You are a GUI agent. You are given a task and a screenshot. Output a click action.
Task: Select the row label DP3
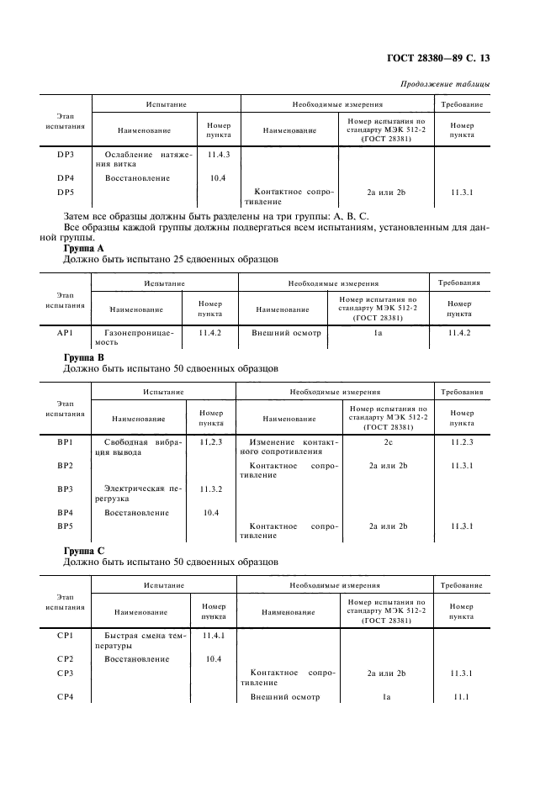(66, 155)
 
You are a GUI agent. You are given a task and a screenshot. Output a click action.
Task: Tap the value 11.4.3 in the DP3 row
(218, 155)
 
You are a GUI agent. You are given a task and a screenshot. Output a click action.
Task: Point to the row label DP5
(66, 193)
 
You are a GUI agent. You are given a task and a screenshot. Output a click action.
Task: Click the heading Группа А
(84, 249)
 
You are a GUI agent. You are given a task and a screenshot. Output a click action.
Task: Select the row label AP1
(66, 333)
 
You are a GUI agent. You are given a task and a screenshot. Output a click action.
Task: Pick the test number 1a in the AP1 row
(378, 333)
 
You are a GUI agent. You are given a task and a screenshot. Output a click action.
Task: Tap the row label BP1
(66, 442)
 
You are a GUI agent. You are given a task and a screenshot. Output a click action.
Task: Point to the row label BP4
(66, 512)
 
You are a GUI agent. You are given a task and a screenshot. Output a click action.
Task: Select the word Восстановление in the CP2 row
(137, 659)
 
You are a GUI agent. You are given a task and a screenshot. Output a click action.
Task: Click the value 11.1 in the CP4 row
(461, 697)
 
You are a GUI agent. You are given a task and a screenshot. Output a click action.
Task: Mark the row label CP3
(66, 673)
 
